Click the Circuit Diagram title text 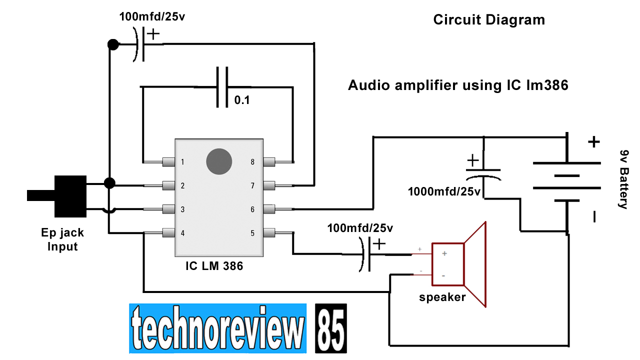488,20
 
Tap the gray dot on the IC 219,161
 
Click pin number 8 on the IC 252,162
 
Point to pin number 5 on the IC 252,233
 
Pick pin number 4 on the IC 183,233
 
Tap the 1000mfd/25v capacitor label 444,191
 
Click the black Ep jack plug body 70,196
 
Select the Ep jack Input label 62,239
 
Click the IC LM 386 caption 214,266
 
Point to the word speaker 442,297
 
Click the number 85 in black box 330,328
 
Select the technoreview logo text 217,328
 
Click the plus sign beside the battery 593,142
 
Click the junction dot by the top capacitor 113,45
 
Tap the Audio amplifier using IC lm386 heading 458,85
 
